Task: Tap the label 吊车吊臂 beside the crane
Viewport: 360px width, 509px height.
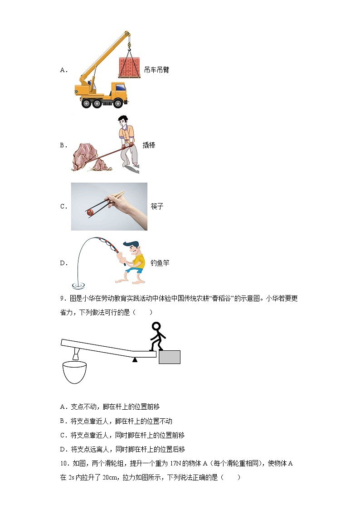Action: pos(156,70)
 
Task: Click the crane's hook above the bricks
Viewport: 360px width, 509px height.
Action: pos(129,44)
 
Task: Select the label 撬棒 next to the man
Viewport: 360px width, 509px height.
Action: pos(149,145)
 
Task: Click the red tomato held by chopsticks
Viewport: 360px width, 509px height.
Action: pos(90,212)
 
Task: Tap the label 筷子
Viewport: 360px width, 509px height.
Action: pos(157,206)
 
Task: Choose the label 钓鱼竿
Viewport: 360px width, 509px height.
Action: pos(160,263)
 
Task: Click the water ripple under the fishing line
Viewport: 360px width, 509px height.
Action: pos(78,286)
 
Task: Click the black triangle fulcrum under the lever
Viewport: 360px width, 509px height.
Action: pos(135,359)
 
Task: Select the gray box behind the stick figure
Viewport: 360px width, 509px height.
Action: pos(169,357)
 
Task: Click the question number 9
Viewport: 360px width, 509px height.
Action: pos(63,299)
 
